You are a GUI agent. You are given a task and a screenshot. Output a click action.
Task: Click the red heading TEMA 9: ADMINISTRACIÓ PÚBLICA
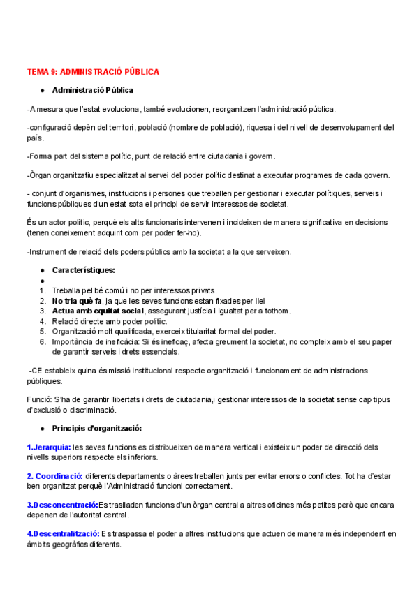click(93, 72)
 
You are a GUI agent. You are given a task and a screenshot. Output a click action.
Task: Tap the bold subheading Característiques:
click(84, 269)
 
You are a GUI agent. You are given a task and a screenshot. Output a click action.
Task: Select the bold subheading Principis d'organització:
click(97, 428)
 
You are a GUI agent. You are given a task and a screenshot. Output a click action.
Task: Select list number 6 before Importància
click(43, 341)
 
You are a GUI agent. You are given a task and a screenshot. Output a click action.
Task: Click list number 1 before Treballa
click(43, 290)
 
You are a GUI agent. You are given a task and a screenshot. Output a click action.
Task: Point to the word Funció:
click(38, 399)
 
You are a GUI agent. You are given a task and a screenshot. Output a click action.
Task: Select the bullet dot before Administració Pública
click(43, 91)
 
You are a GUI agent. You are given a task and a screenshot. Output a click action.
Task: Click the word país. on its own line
click(34, 138)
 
